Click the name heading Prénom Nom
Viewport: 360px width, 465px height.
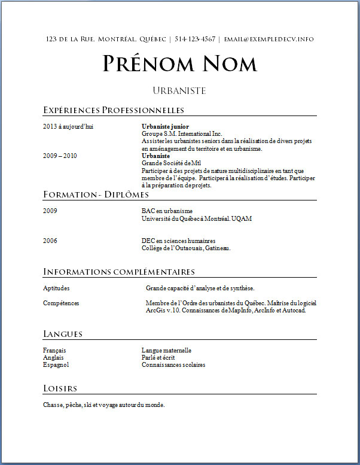(179, 63)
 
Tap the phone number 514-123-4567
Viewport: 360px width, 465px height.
(195, 39)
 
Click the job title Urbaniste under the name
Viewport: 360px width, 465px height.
(179, 91)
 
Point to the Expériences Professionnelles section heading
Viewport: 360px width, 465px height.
(114, 110)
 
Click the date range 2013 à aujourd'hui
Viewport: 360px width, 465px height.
(68, 127)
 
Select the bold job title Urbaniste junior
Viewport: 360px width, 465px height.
(165, 127)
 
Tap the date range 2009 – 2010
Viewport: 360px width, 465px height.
(60, 156)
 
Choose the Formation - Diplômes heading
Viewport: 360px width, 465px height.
(96, 195)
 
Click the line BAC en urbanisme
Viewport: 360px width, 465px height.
(167, 211)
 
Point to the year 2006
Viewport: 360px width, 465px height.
(50, 241)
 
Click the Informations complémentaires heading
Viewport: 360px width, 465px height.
(119, 272)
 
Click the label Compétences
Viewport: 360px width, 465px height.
(61, 303)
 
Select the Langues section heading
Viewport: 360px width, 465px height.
(63, 334)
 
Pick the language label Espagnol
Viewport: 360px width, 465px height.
(56, 364)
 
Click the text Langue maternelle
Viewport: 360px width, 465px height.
(166, 350)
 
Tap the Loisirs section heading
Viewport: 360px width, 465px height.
(60, 389)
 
